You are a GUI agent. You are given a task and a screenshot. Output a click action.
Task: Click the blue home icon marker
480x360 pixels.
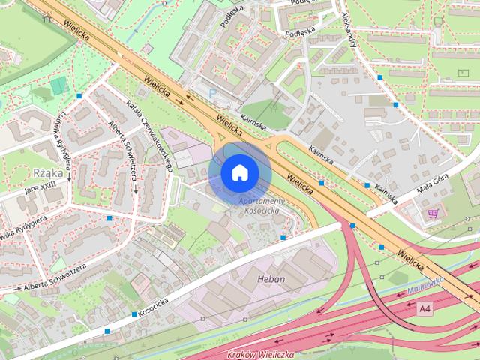click(x=239, y=172)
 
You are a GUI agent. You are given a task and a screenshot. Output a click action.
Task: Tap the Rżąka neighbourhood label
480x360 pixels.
click(x=44, y=172)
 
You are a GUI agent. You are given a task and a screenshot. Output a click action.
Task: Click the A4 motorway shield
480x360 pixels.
click(x=425, y=308)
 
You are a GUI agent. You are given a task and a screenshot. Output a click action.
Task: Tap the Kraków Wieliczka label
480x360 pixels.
click(x=261, y=353)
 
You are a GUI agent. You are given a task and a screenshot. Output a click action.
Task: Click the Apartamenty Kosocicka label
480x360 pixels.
click(x=262, y=208)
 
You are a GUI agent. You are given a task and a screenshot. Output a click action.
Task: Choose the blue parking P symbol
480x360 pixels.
click(x=212, y=92)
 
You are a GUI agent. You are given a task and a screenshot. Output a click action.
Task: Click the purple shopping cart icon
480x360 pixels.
click(x=432, y=213)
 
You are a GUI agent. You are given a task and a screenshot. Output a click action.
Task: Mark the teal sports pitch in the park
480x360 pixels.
click(x=59, y=85)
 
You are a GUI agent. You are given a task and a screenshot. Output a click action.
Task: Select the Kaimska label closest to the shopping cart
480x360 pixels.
click(x=385, y=193)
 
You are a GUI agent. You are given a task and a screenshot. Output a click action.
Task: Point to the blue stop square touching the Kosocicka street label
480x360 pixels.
click(x=134, y=313)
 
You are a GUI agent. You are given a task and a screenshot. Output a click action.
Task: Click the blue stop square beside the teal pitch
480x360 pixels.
click(x=79, y=94)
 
